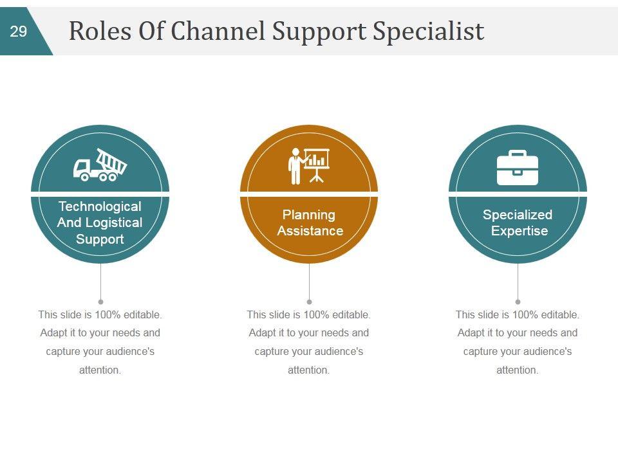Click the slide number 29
[19, 32]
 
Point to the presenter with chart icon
[309, 166]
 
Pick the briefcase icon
[518, 167]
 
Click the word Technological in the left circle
[100, 206]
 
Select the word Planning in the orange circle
[309, 215]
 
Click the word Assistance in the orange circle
[310, 231]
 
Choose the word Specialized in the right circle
[518, 215]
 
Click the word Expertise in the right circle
[520, 231]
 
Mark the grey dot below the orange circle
[309, 302]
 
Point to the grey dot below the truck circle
[100, 302]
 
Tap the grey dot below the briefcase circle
[518, 302]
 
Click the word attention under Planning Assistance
[308, 370]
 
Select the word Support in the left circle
[100, 239]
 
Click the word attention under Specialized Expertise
[517, 370]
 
